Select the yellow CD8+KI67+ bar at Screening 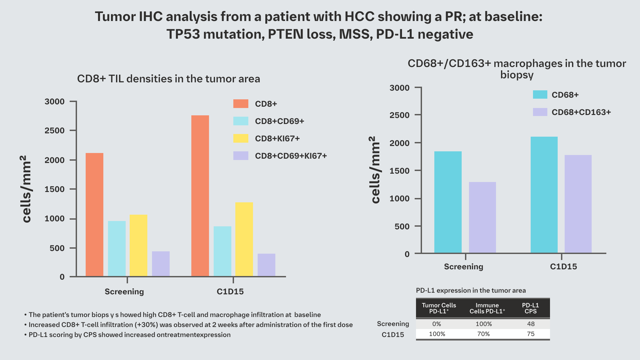138,245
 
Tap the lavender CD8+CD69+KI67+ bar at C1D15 266,265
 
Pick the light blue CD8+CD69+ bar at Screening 117,249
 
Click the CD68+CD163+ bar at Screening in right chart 482,217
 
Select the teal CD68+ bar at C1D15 544,195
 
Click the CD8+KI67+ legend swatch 241,138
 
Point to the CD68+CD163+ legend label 581,112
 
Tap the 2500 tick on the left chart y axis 55,131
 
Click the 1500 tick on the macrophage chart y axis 400,171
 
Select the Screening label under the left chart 124,292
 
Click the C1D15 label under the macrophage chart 563,267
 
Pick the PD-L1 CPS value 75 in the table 531,334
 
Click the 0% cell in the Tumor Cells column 437,324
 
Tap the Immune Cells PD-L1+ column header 487,308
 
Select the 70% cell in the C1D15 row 483,334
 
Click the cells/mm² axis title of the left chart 26,189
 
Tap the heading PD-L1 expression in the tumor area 471,291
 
